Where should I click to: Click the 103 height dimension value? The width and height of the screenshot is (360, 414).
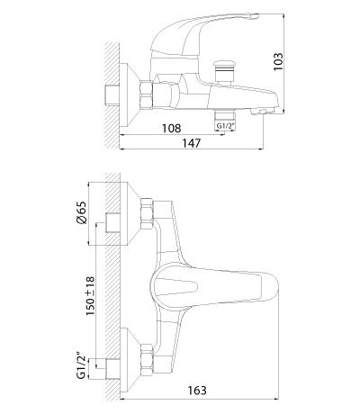click(x=278, y=62)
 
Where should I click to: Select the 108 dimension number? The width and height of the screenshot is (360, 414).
click(x=172, y=128)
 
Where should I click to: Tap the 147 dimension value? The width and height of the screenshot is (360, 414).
click(x=191, y=143)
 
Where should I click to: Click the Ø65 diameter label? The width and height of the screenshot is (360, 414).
click(x=82, y=212)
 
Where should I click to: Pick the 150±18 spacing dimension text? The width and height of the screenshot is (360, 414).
click(x=90, y=295)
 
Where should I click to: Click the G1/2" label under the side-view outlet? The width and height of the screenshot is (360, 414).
click(x=225, y=126)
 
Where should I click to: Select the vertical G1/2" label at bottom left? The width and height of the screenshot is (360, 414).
click(x=82, y=366)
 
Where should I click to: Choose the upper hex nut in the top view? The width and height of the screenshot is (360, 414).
click(x=147, y=214)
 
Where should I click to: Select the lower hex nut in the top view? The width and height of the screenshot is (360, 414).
click(x=147, y=359)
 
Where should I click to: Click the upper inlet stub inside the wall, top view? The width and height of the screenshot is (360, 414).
click(x=112, y=223)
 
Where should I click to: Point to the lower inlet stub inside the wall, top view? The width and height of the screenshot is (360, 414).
click(x=112, y=369)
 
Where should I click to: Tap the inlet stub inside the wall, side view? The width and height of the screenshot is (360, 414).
click(x=112, y=94)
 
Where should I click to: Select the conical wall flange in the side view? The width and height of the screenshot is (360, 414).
click(x=130, y=94)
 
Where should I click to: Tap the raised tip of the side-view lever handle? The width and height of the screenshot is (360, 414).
click(x=254, y=16)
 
